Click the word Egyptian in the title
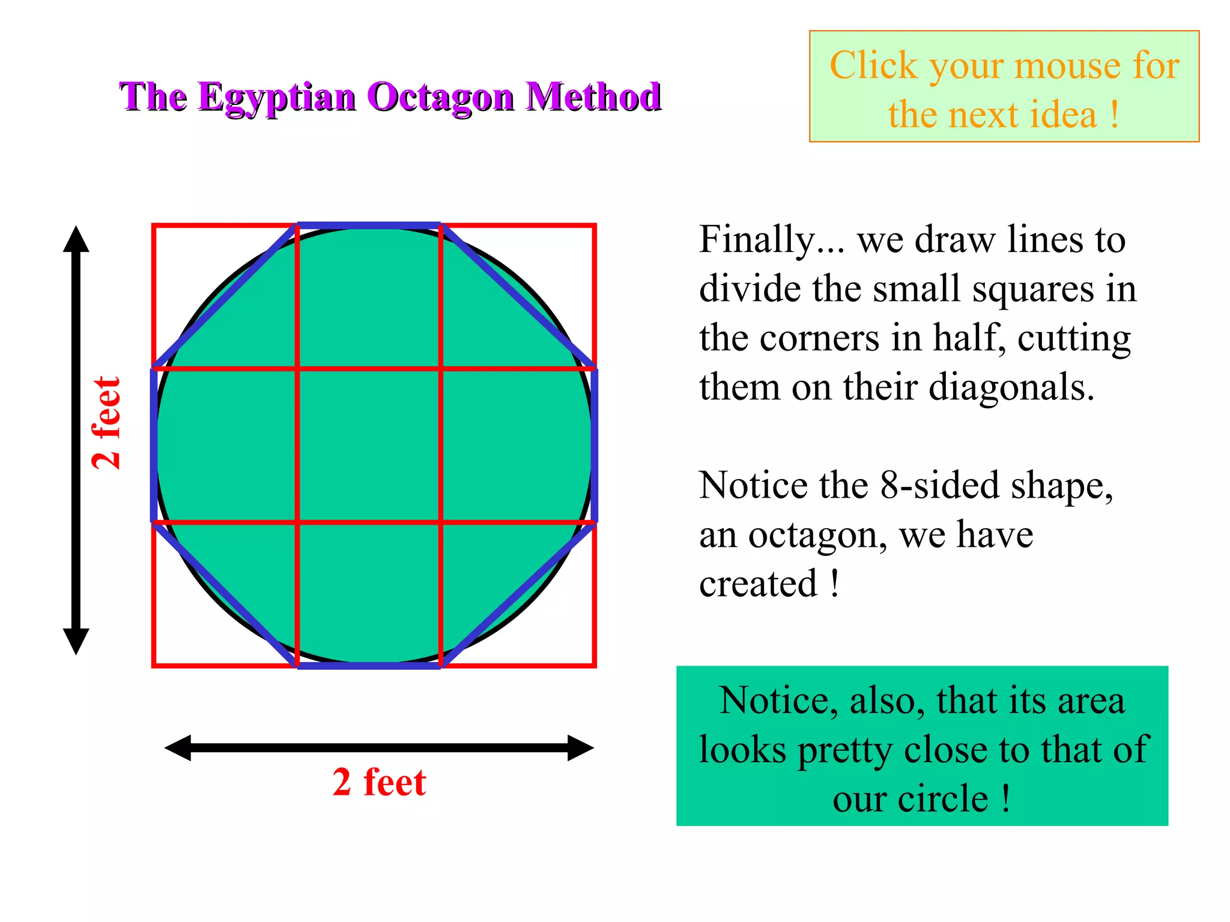(277, 97)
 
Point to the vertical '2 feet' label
(107, 423)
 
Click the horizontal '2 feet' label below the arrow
(379, 782)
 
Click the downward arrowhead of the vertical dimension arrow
(76, 642)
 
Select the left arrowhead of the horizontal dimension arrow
(178, 748)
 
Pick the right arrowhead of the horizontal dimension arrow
(581, 748)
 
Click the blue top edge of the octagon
(369, 226)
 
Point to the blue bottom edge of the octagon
(369, 665)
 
